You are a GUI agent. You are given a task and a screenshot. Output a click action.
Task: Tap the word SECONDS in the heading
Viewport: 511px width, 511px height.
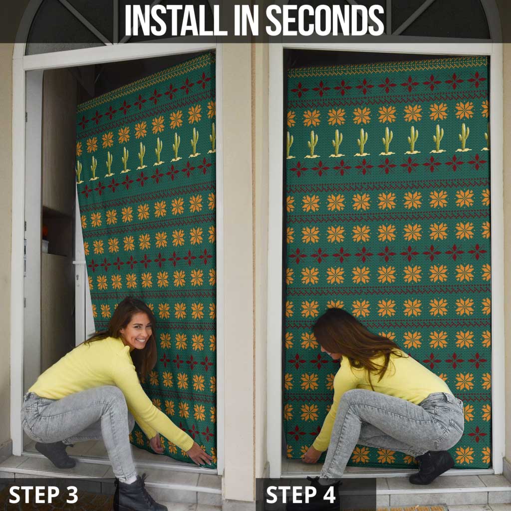click(325, 20)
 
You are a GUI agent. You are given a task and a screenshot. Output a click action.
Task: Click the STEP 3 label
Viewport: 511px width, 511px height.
click(43, 495)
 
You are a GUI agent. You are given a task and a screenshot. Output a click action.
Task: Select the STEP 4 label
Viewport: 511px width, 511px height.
click(301, 495)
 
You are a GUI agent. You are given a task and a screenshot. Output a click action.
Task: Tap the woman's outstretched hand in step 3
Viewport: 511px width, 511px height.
click(199, 455)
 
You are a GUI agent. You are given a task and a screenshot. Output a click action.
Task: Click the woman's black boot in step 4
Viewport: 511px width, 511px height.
click(431, 467)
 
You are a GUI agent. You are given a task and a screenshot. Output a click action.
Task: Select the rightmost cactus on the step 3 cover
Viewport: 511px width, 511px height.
click(213, 137)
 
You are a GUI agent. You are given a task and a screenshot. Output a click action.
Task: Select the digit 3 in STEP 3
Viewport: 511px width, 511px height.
click(71, 495)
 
